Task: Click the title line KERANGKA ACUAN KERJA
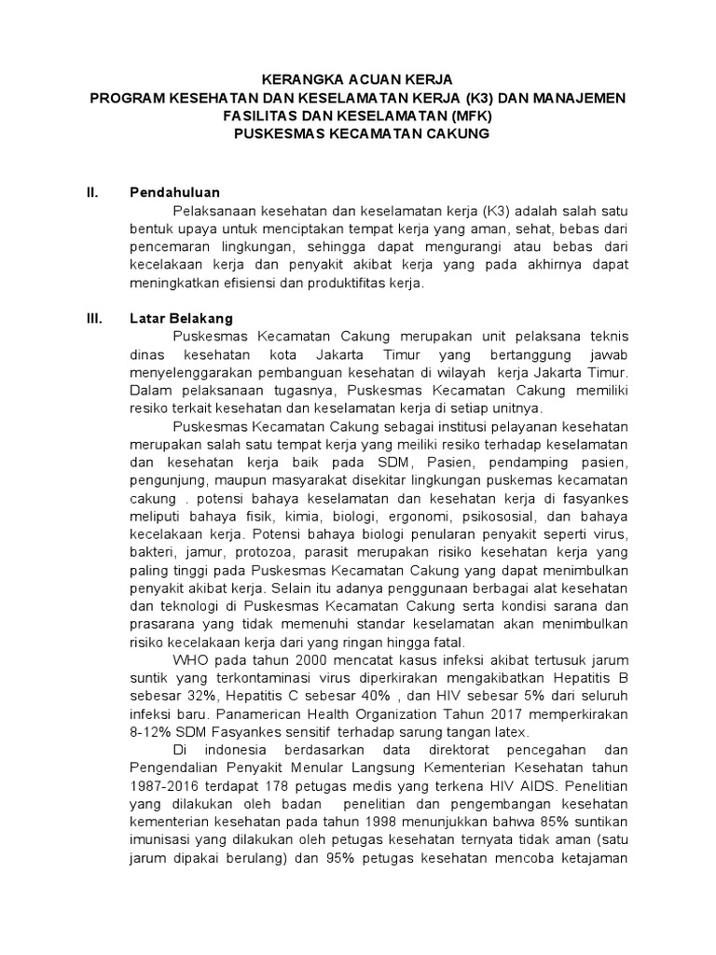click(x=357, y=81)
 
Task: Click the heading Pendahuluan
click(x=174, y=193)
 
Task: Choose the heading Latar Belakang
click(x=181, y=318)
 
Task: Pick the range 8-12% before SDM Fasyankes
click(x=153, y=732)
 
